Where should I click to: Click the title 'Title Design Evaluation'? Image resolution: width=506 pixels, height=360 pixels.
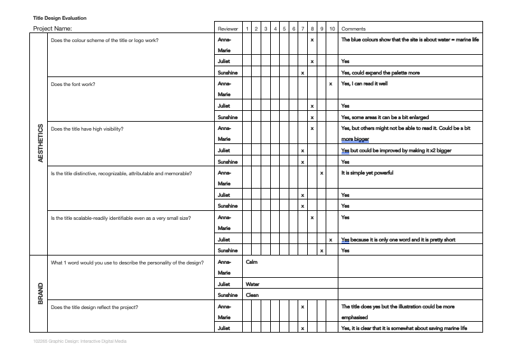[60, 18]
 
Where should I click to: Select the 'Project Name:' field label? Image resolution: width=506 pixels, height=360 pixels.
[52, 29]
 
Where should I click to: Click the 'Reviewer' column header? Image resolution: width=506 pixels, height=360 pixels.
[228, 29]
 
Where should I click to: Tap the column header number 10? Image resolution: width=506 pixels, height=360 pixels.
[333, 29]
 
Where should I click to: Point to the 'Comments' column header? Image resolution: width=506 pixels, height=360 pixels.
[354, 29]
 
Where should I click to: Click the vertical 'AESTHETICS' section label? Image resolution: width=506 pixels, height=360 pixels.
[41, 143]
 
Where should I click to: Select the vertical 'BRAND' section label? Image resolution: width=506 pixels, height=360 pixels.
[41, 294]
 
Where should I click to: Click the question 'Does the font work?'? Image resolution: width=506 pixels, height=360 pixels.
[73, 84]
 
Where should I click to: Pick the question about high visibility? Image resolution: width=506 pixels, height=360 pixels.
[87, 129]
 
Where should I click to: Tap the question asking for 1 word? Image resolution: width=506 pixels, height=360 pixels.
[127, 262]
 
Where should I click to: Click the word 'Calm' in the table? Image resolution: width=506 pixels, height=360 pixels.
[251, 262]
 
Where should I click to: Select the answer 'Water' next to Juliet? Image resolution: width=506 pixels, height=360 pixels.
[252, 284]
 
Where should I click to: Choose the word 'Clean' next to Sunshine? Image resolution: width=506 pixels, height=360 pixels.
[252, 295]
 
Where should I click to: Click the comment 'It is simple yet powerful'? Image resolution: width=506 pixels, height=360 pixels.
[367, 173]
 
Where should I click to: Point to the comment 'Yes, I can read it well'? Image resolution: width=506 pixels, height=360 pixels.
[365, 83]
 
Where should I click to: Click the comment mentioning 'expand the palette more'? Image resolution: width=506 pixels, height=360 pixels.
[380, 73]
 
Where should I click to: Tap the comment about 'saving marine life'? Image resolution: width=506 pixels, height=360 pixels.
[404, 328]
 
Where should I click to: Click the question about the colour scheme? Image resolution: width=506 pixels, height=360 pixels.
[105, 40]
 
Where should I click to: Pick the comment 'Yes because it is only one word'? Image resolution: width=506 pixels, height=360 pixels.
[398, 240]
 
